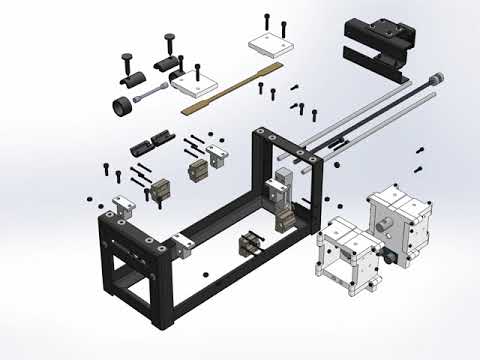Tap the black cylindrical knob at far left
coord(123,106)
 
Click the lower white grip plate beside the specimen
coord(194,85)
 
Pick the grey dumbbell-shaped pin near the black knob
coord(150,95)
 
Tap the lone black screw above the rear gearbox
coord(420,149)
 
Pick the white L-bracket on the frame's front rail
coord(182,243)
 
